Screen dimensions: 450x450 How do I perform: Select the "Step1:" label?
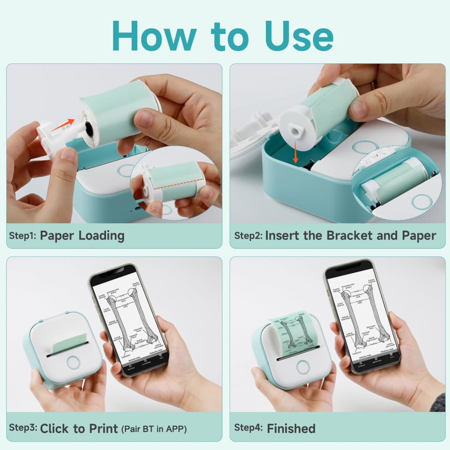22,235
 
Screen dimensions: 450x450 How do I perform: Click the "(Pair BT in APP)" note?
154,429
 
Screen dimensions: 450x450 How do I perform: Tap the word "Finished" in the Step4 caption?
291,428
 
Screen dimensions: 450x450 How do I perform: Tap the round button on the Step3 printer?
73,362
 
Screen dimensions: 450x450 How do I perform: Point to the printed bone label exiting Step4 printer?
291,334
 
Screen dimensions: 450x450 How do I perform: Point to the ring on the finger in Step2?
373,85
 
